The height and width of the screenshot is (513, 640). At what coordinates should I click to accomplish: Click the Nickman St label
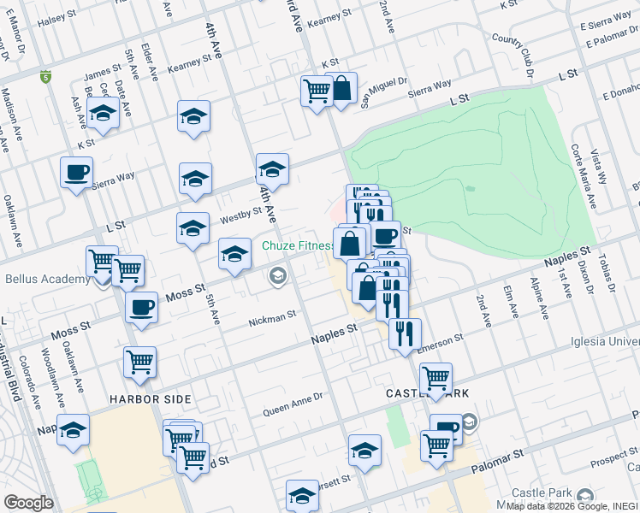pos(272,322)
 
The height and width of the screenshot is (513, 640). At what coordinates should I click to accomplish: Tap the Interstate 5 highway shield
pos(44,78)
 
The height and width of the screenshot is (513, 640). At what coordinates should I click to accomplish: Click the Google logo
pos(28,503)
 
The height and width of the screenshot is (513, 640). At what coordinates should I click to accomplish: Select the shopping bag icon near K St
pos(341,88)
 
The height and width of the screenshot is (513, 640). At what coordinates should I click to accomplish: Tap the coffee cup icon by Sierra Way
pos(76,172)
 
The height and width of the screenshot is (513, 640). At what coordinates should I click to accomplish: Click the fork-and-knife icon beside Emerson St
pos(405,333)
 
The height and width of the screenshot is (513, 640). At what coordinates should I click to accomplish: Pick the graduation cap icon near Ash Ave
pos(103,115)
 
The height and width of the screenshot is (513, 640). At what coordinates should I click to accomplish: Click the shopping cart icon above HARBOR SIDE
pos(139,362)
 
